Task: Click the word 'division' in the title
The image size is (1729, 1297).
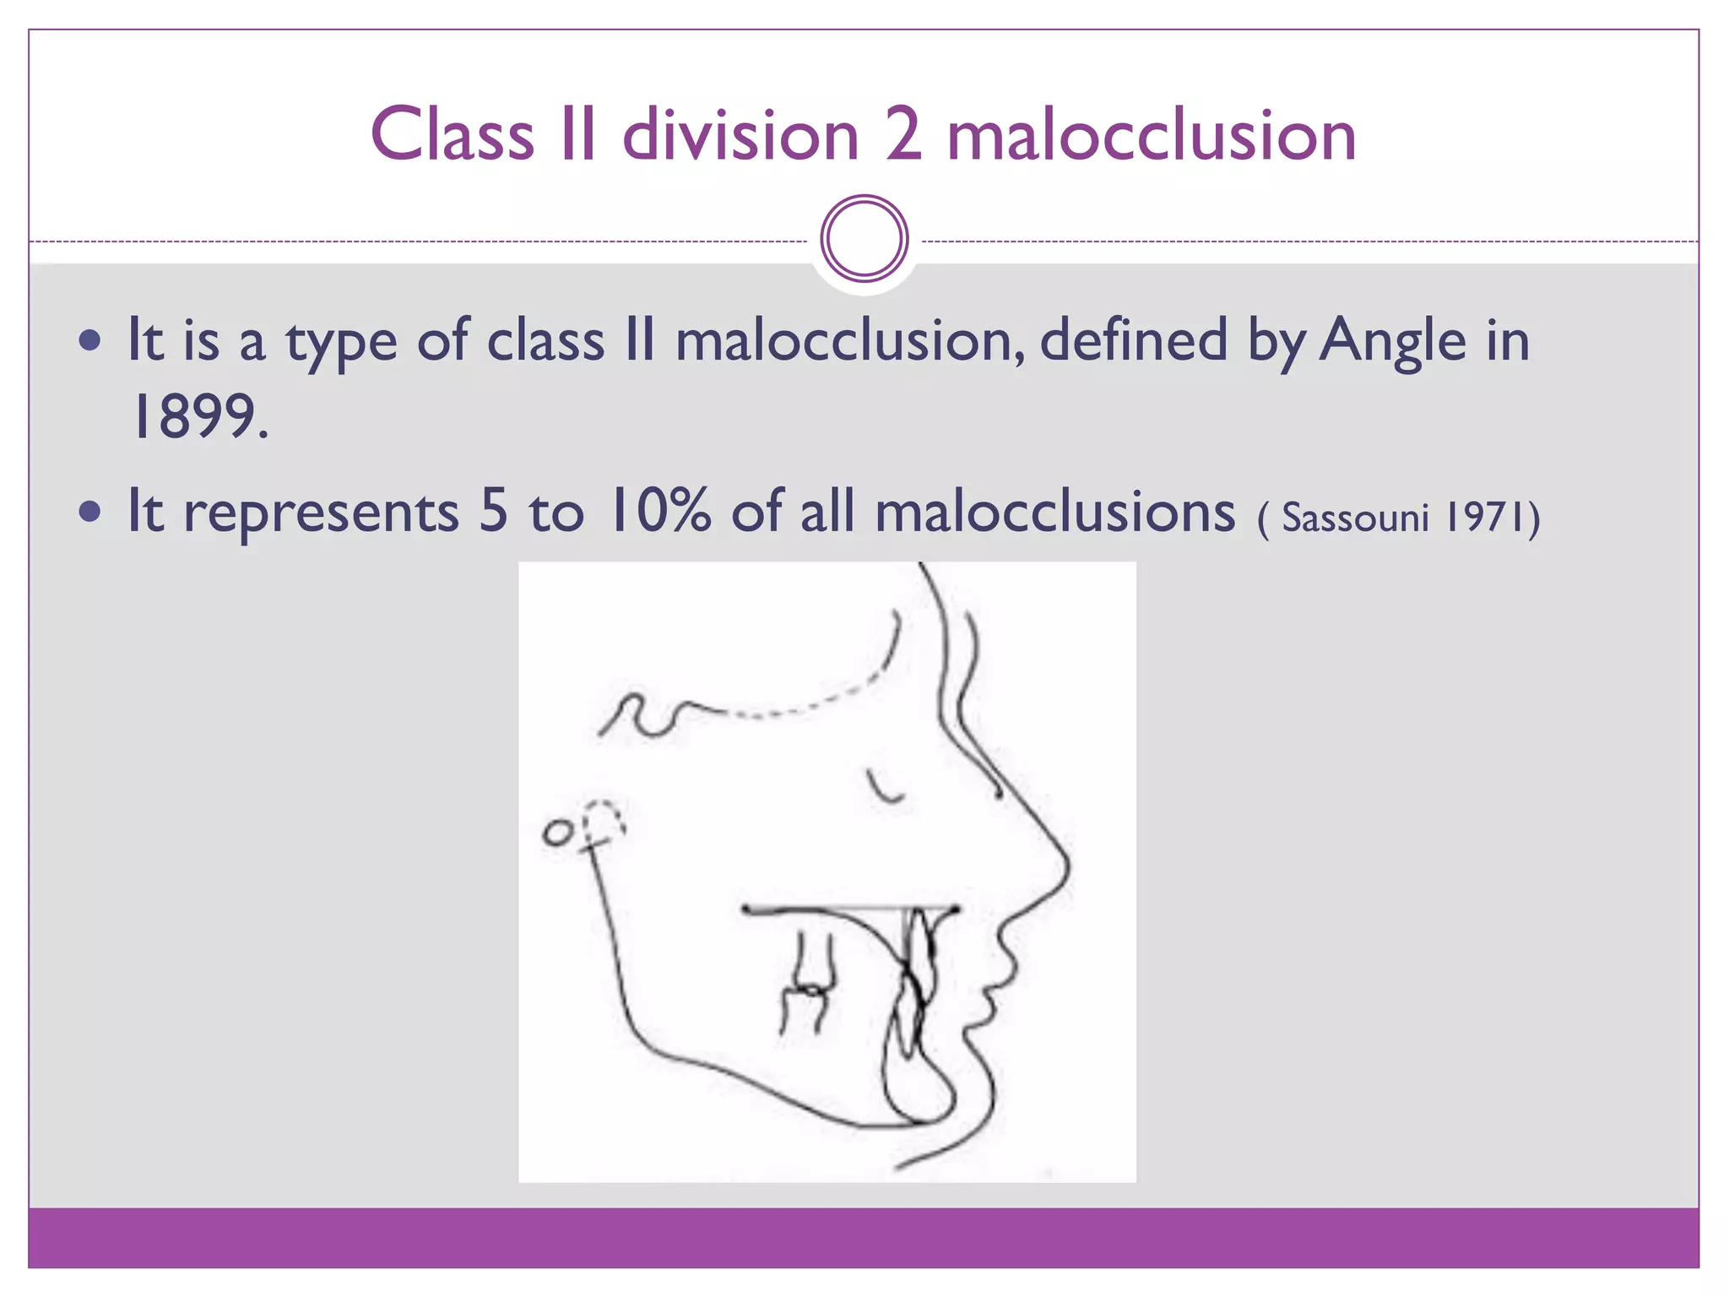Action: [740, 135]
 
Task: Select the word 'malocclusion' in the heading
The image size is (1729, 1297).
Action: [1151, 135]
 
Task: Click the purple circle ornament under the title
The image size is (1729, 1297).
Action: [864, 238]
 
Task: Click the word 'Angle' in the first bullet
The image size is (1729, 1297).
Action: [1393, 340]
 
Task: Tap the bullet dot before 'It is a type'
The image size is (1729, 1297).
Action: [89, 341]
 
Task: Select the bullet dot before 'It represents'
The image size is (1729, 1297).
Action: [89, 511]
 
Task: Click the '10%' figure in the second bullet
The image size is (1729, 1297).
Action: [659, 511]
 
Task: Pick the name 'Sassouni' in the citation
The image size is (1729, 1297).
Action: [1355, 518]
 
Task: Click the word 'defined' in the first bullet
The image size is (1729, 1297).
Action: [1133, 340]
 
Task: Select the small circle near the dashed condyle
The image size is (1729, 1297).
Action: [556, 833]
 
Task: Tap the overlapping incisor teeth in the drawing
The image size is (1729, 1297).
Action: [916, 980]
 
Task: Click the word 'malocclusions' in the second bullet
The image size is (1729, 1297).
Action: [1054, 512]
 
